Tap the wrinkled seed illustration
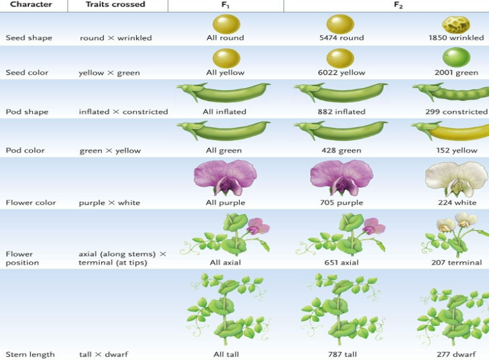click(455, 24)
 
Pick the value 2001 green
click(455, 73)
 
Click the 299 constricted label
click(456, 112)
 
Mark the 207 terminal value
click(455, 263)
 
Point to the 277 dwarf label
click(455, 355)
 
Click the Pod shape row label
click(27, 112)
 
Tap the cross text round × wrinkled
click(115, 38)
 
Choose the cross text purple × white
click(109, 203)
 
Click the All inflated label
click(224, 112)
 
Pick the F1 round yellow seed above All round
click(225, 24)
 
